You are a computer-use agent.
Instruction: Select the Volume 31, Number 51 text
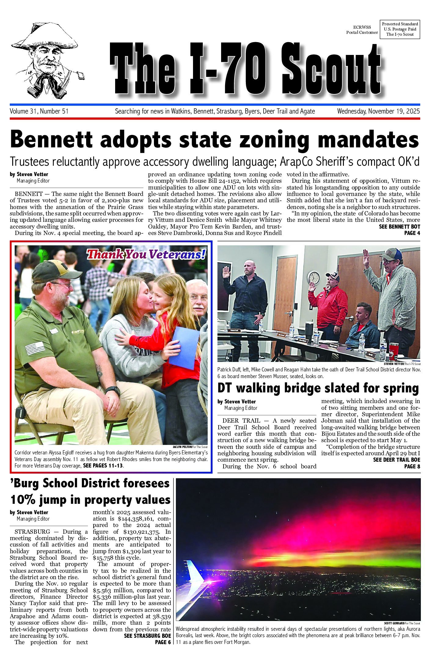coord(39,111)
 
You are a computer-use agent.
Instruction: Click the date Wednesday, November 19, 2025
coord(378,111)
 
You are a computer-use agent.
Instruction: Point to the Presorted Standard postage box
coord(400,29)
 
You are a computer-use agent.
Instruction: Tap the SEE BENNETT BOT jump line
coord(399,227)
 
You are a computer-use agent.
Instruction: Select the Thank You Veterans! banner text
coord(146,254)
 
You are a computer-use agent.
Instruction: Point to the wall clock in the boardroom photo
coord(314,277)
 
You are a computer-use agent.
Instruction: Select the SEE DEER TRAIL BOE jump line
coord(396,460)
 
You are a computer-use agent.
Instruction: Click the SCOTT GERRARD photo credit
coord(394,623)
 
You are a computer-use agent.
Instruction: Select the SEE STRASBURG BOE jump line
coord(147,636)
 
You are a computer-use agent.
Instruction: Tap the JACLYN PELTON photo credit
coord(182,447)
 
